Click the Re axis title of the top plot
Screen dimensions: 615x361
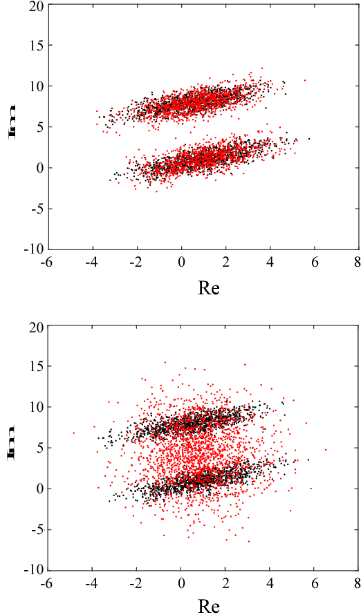[x=208, y=287]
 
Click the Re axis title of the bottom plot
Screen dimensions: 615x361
[x=208, y=607]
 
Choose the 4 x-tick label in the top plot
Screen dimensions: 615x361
[x=270, y=263]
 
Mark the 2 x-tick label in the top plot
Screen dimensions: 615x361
[x=225, y=263]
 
